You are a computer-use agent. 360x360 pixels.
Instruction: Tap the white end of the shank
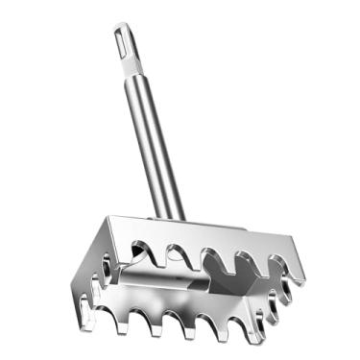(x=128, y=48)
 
